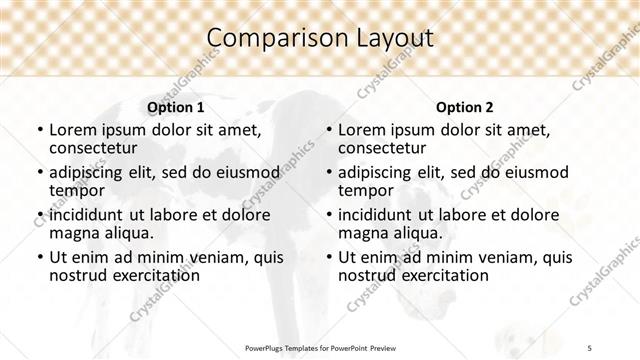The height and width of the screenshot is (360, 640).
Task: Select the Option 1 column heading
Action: (175, 106)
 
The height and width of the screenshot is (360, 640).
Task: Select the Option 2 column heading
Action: (464, 106)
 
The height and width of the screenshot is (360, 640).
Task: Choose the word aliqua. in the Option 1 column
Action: (125, 233)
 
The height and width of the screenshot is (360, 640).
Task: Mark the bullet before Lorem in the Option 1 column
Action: (39, 131)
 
